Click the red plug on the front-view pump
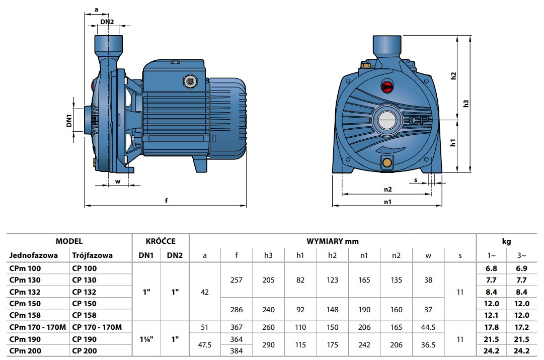coord(387,86)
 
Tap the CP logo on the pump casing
coord(419,120)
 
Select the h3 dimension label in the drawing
coord(466,104)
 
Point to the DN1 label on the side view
coord(69,120)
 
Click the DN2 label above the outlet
coord(107,22)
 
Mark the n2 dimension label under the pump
coord(388,189)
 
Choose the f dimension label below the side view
coord(166,200)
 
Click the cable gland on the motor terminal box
coord(190,81)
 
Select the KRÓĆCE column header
coord(161,241)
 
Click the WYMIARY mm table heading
coord(332,241)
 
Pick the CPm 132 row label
coord(25,292)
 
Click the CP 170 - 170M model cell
coord(97,327)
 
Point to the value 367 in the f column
coord(236,327)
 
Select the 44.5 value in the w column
coord(428,327)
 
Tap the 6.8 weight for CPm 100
coord(491,268)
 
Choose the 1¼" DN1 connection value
coord(146,339)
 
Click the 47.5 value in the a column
coord(205,345)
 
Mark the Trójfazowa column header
coord(92,255)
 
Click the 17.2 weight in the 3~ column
coord(521,327)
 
